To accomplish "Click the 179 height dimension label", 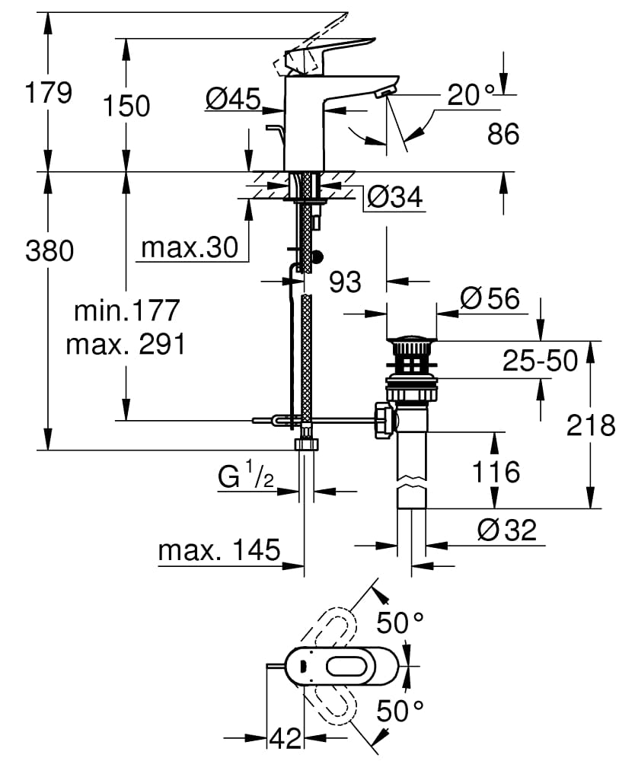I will tap(49, 93).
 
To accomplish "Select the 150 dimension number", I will tap(127, 106).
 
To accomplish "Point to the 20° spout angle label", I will tap(470, 95).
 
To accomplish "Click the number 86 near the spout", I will tap(503, 134).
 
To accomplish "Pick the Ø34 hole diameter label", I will tap(394, 197).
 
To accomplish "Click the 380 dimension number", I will tap(49, 250).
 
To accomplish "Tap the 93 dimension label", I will tap(345, 282).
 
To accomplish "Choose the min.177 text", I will tap(127, 310).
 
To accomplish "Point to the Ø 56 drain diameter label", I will tap(490, 298).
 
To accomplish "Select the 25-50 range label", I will tap(540, 361).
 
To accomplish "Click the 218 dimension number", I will tap(591, 425).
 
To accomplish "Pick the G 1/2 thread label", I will tap(245, 478).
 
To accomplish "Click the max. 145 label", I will tap(219, 549).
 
